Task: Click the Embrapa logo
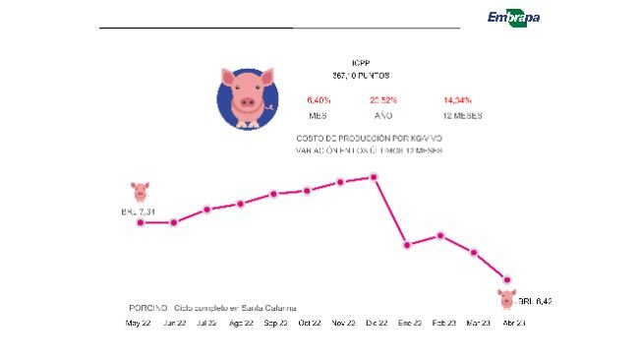513,17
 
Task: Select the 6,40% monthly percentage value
319,100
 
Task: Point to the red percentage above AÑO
382,100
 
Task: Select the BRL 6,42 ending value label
535,300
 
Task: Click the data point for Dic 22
374,177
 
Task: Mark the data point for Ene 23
407,244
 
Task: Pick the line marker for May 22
140,222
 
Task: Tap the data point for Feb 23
441,235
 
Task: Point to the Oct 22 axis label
309,323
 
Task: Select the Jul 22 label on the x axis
207,323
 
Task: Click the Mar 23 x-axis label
478,323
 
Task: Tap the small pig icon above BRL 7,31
140,191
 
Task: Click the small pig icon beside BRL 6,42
507,298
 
